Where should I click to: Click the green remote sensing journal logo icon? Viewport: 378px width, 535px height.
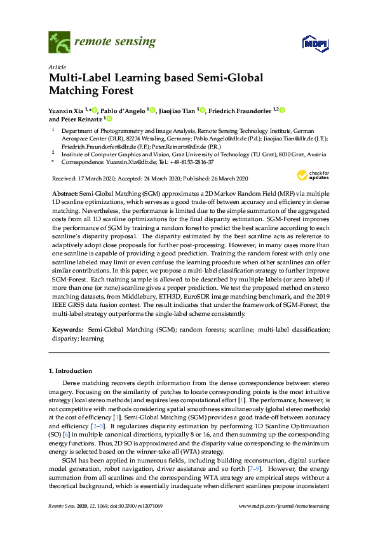(59, 43)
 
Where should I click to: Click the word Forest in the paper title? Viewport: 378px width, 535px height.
(120, 90)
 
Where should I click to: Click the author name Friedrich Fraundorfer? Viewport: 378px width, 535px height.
(242, 110)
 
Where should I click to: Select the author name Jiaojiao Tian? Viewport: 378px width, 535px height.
(177, 110)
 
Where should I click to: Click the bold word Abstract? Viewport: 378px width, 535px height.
(66, 192)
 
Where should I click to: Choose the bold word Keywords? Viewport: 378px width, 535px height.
(67, 330)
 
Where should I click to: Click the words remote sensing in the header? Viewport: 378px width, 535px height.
(115, 42)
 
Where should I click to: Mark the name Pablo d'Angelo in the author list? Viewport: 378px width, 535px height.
(124, 110)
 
